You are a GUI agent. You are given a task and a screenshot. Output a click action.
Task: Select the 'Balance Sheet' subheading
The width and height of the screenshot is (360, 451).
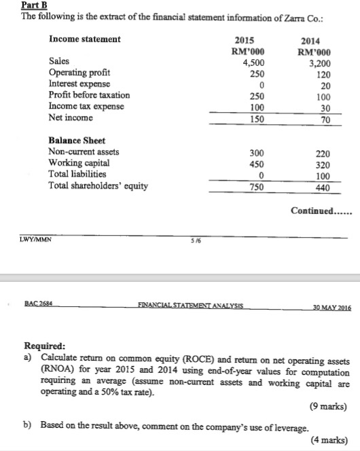tap(77, 141)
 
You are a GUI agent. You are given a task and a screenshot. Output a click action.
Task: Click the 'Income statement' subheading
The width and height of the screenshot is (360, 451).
tap(85, 39)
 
